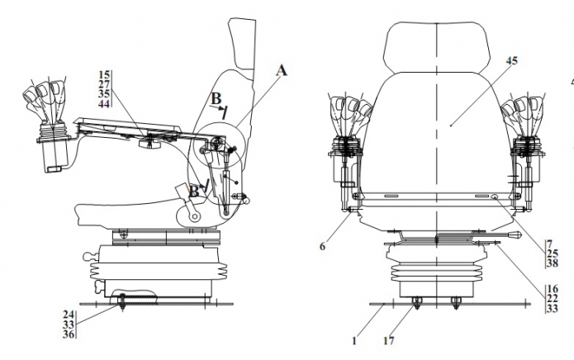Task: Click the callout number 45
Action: [512, 61]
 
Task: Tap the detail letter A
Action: [281, 70]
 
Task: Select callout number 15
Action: [104, 74]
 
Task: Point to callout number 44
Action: [104, 104]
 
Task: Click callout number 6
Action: [322, 247]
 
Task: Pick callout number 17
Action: [389, 341]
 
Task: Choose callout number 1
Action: [354, 341]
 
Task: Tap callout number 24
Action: [69, 315]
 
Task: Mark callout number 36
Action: [69, 334]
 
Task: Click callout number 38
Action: [553, 263]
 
